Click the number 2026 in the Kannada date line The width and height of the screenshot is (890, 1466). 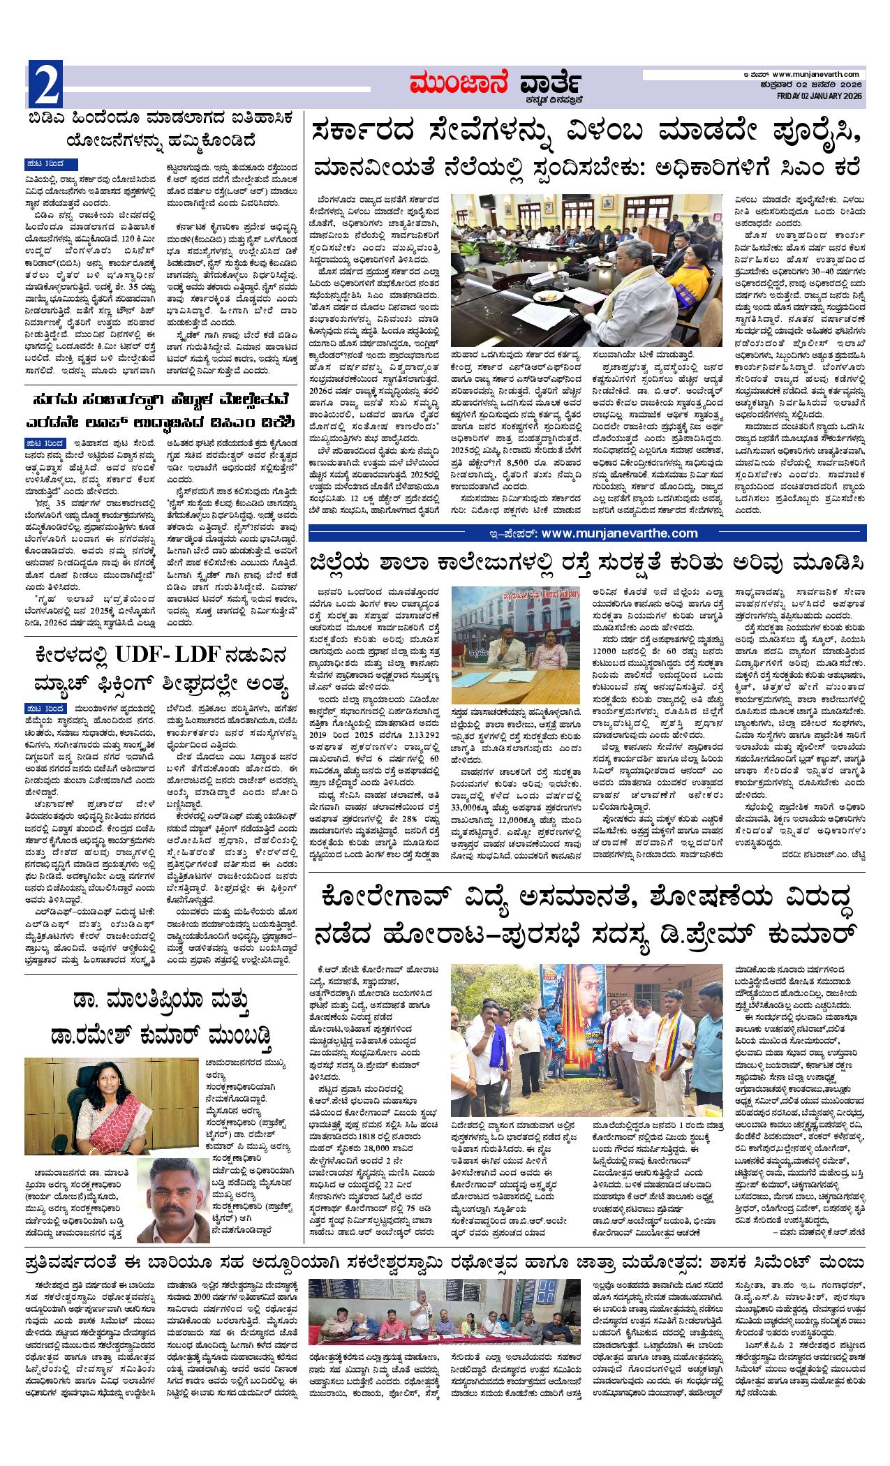click(x=849, y=85)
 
